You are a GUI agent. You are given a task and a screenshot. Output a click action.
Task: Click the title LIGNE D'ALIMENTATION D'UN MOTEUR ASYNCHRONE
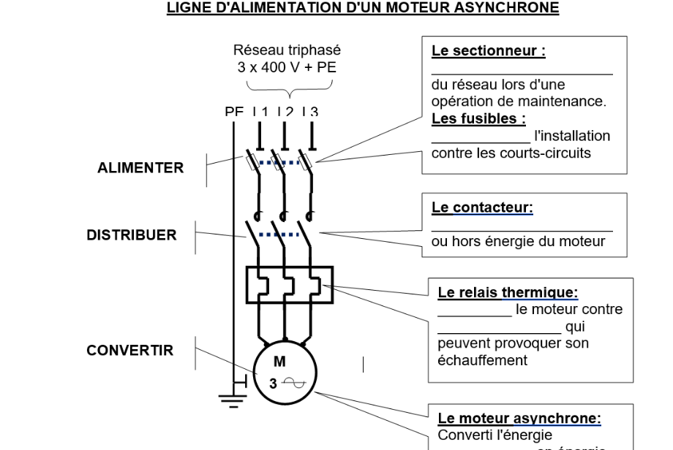click(363, 8)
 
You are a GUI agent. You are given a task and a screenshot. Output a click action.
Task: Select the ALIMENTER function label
click(140, 168)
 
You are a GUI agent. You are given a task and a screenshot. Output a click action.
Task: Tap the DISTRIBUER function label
click(132, 235)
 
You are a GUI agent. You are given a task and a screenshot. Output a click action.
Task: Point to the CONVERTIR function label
click(130, 351)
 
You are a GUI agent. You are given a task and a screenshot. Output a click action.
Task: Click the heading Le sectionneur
click(489, 51)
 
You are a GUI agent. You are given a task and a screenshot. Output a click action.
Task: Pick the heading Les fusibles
click(478, 118)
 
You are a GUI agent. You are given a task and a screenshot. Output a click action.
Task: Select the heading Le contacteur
click(482, 207)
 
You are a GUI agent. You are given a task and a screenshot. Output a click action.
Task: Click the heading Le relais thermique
click(508, 293)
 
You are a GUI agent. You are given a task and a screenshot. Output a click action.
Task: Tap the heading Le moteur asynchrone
click(519, 419)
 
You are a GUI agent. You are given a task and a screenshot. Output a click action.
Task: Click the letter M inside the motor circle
click(279, 362)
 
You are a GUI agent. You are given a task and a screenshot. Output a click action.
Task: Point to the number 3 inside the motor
click(272, 383)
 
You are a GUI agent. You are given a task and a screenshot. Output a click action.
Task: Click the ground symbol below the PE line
click(233, 400)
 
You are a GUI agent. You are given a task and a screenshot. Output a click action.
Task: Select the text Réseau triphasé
click(287, 50)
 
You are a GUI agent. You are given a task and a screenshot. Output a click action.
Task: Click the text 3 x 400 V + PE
click(287, 67)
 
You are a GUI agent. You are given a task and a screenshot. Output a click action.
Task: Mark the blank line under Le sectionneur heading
click(522, 72)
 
